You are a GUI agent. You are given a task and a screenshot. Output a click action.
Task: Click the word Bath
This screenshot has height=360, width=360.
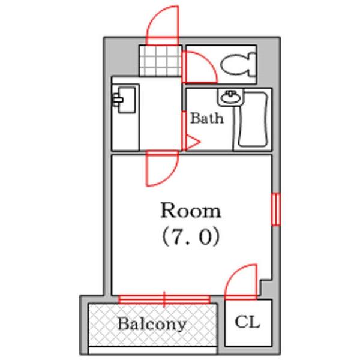207,118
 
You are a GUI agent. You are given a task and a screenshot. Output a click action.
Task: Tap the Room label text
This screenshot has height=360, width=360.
190,211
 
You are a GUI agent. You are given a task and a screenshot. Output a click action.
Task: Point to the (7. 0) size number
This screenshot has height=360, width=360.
190,238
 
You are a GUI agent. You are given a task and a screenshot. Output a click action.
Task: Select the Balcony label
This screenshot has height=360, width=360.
151,325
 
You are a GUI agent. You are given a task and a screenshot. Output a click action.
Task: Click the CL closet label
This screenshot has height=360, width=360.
247,322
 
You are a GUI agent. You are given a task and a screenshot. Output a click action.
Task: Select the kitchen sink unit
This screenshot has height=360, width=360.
125,99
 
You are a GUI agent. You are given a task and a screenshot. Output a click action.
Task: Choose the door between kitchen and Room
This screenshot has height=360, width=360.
160,169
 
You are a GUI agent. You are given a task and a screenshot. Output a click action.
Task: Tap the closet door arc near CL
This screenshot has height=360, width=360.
241,281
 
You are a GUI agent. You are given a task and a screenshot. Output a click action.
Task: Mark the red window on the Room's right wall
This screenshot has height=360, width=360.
276,209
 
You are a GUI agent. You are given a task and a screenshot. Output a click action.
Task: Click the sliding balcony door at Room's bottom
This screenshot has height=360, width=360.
164,298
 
